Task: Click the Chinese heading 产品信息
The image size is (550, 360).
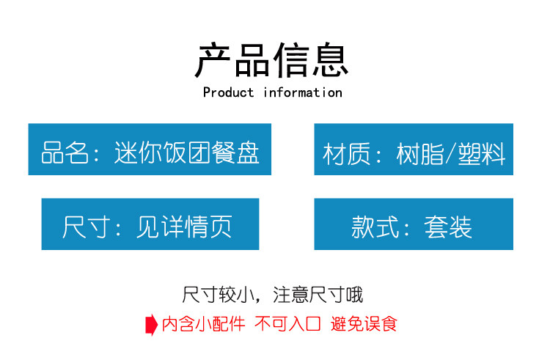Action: [x=271, y=60]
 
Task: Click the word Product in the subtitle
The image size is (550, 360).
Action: [x=228, y=92]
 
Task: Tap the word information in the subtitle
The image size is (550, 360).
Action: [x=303, y=92]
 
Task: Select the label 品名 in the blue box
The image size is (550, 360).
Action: [x=65, y=153]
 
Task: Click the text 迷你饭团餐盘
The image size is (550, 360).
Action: [x=187, y=153]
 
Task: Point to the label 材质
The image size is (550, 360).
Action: [x=346, y=153]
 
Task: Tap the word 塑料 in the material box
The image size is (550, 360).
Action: [x=482, y=153]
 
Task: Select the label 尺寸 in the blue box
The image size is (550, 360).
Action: [x=86, y=227]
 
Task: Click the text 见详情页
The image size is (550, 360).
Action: [x=184, y=227]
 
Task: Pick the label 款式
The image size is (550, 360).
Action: [x=375, y=227]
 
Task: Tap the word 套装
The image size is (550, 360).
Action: [x=448, y=227]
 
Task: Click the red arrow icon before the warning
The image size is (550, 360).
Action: [x=152, y=325]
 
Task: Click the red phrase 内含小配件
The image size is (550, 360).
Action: [x=203, y=323]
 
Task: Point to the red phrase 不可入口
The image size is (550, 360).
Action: [x=287, y=323]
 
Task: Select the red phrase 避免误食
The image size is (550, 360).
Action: [x=364, y=323]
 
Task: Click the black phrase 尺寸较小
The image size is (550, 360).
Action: [x=219, y=295]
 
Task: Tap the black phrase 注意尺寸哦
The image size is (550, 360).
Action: [x=318, y=295]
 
